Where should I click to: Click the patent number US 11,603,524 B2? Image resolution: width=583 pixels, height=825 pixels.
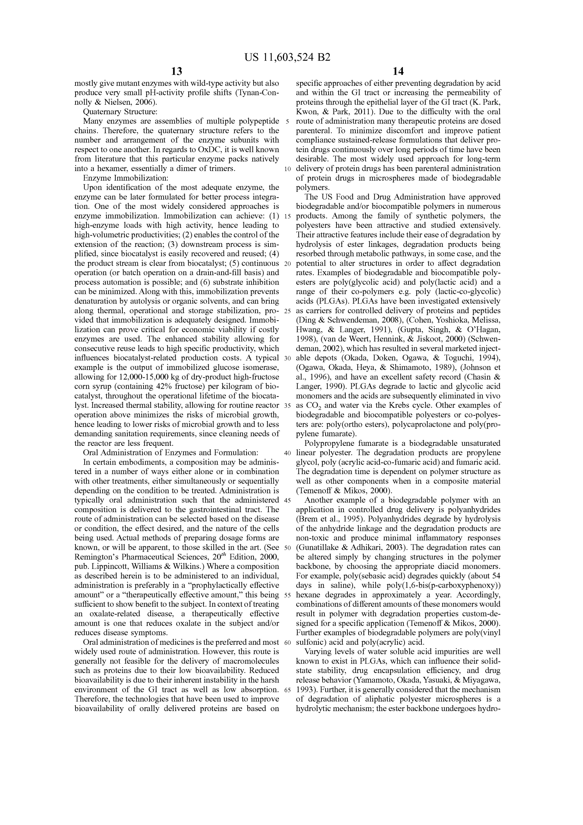tap(287, 57)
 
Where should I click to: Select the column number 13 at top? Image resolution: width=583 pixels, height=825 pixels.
tap(177, 71)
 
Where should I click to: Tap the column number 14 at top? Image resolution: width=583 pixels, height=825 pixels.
tap(398, 71)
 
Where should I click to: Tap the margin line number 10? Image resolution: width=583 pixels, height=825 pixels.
tap(287, 169)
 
